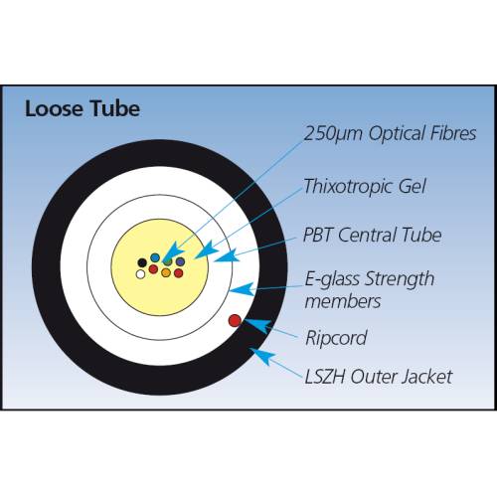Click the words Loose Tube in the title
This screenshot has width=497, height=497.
[x=83, y=108]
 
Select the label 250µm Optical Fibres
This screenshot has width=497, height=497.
[x=390, y=133]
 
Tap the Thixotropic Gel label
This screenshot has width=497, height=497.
[x=365, y=186]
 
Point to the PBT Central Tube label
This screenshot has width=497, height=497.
[x=373, y=235]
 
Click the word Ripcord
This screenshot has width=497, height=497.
[x=336, y=338]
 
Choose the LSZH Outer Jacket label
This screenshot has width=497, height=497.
[x=379, y=377]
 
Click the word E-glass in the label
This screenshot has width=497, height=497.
[x=332, y=280]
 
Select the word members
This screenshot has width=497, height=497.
[x=343, y=301]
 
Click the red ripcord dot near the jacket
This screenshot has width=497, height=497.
[x=235, y=320]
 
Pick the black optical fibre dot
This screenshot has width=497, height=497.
[x=142, y=262]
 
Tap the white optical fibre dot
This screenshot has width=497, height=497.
[x=140, y=274]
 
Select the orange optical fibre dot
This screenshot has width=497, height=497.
[x=166, y=272]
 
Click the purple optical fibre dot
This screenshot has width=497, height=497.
[x=180, y=261]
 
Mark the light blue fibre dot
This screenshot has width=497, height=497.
[x=155, y=257]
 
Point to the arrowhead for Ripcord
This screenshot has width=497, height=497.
[x=256, y=325]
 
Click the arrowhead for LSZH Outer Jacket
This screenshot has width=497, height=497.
[x=261, y=355]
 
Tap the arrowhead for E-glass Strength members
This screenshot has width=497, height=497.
[x=242, y=289]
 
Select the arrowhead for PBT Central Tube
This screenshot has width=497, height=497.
[x=227, y=255]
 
